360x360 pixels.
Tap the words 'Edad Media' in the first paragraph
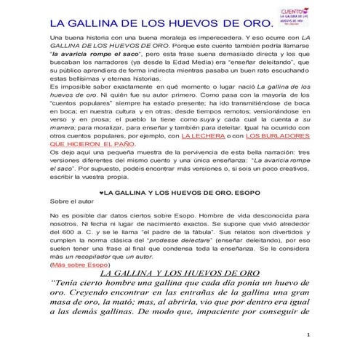tap(201, 64)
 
